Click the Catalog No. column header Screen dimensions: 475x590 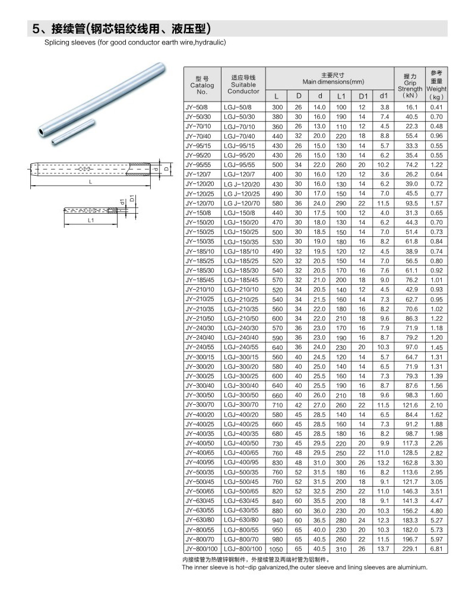[202, 85]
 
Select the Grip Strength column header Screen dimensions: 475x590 [410, 86]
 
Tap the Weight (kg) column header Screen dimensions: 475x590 [436, 85]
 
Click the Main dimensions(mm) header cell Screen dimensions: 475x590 [333, 78]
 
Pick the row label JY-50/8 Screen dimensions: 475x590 [196, 107]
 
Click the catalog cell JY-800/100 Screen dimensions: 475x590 [202, 549]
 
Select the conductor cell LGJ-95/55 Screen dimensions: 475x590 [239, 165]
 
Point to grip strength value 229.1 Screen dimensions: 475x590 [410, 549]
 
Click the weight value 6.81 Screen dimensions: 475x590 [436, 549]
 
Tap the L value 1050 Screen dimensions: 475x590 [276, 550]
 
